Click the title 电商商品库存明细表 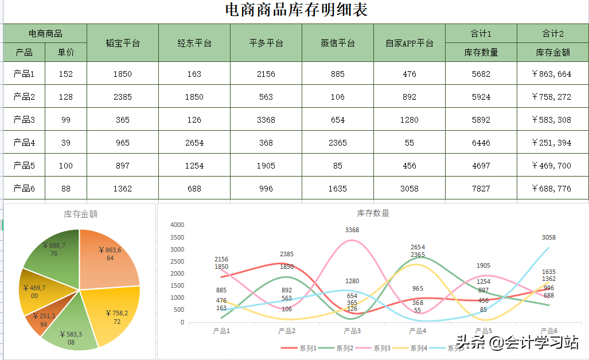point(296,10)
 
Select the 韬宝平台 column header point(123,43)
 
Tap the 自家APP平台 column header point(409,43)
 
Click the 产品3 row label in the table point(24,120)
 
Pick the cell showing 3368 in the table point(266,120)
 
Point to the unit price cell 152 point(66,74)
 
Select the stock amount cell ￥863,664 point(553,74)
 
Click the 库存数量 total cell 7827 point(481,189)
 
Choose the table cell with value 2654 point(194,143)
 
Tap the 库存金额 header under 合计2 point(553,52)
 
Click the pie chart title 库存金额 point(80,214)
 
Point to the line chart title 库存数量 point(373,213)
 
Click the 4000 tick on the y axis point(178,225)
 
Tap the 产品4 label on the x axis point(417,331)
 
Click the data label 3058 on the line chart point(548,237)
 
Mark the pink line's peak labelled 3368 point(352,240)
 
